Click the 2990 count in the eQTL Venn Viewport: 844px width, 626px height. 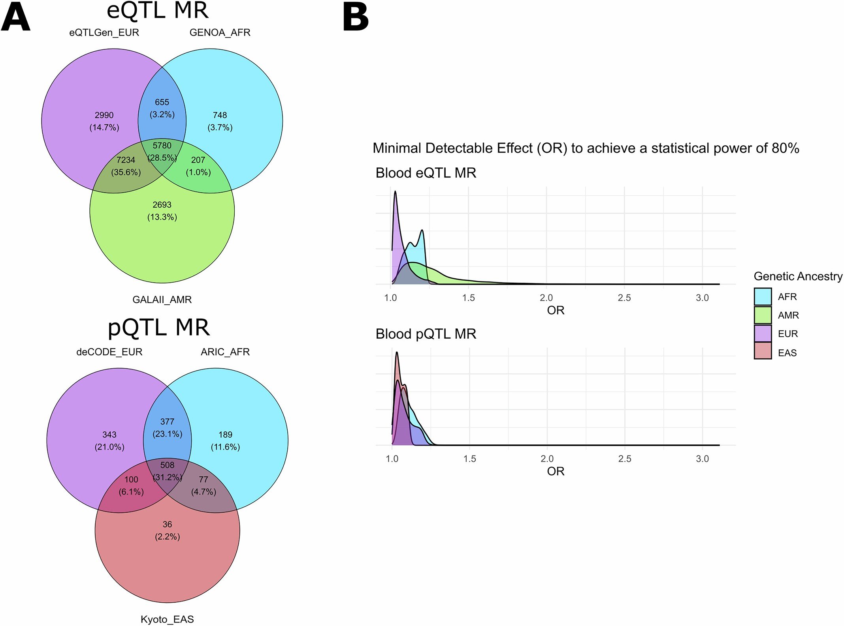(104, 115)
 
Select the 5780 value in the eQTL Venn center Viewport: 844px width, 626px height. (162, 146)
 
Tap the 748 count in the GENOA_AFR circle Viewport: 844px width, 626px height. (220, 115)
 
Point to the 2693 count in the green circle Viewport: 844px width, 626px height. (162, 205)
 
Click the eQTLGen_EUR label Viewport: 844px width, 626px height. (104, 33)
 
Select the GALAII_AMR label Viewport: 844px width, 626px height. (162, 300)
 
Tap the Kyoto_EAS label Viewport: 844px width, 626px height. (167, 619)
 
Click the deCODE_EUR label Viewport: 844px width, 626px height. (109, 352)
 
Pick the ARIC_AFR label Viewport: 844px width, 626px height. (225, 352)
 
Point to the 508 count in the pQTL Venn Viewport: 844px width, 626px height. (167, 465)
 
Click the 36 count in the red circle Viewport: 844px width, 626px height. (167, 525)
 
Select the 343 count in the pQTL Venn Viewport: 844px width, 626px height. (109, 435)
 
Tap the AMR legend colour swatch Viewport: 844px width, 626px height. (763, 315)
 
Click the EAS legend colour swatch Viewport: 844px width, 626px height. (763, 351)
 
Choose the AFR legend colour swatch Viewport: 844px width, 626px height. (763, 297)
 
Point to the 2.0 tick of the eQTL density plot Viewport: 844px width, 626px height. (546, 298)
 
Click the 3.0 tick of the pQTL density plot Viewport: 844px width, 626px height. (702, 459)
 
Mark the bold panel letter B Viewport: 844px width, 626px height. (356, 18)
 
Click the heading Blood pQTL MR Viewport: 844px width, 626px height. (426, 334)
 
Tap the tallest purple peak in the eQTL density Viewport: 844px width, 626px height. (395, 192)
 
